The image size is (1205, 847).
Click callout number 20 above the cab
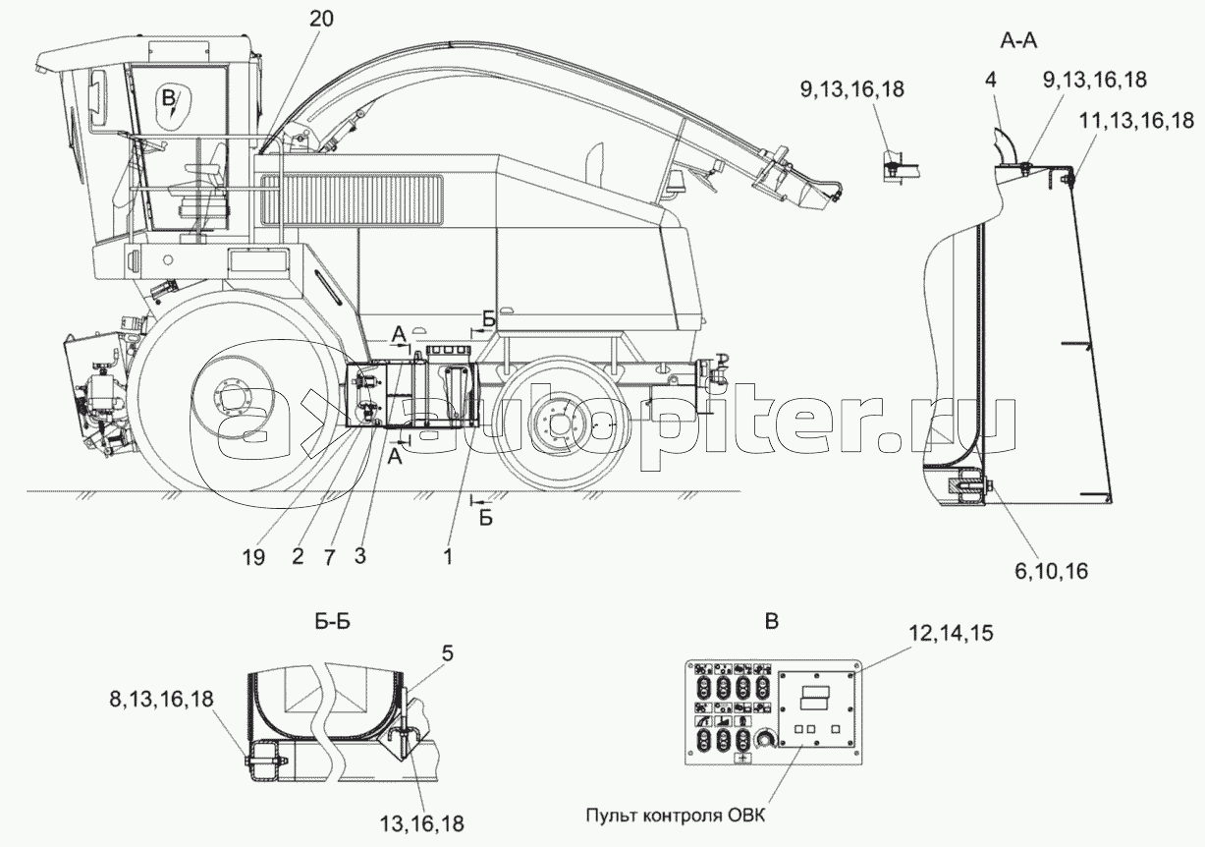click(x=322, y=19)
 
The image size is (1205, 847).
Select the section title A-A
click(x=1018, y=41)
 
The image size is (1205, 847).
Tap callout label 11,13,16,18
click(x=1136, y=121)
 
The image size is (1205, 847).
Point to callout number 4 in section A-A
click(x=990, y=81)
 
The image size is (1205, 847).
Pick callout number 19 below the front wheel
click(x=253, y=557)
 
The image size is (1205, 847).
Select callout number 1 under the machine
click(x=448, y=557)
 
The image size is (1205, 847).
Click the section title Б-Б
click(x=333, y=622)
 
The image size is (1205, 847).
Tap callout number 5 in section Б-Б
click(x=448, y=653)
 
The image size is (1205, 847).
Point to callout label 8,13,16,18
click(x=161, y=699)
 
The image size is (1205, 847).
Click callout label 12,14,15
click(x=951, y=634)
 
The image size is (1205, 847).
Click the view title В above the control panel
click(x=771, y=622)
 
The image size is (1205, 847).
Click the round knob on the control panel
click(x=765, y=739)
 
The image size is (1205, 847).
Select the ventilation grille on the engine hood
click(x=352, y=200)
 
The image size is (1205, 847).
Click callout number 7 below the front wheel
click(x=329, y=557)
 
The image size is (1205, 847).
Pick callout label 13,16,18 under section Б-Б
click(x=421, y=822)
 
